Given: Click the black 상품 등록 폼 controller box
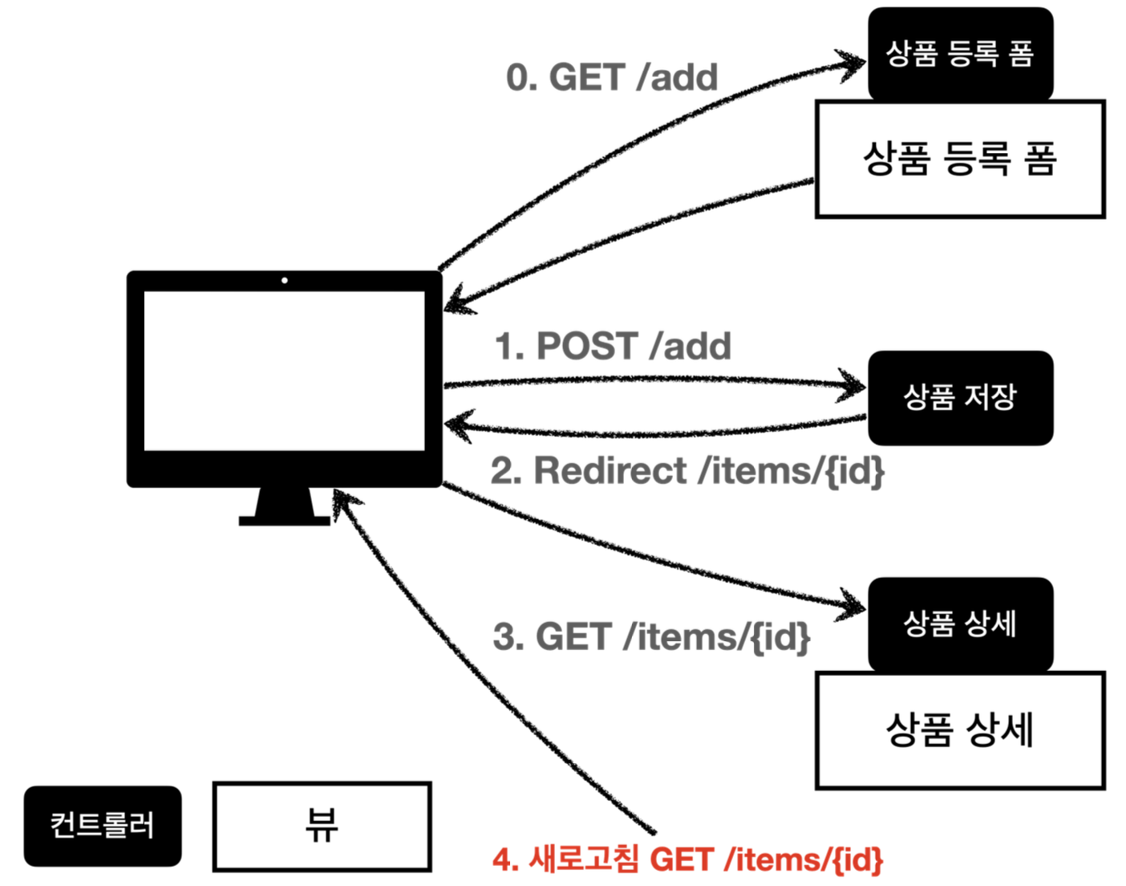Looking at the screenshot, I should point(960,54).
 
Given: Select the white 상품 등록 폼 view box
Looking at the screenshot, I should point(960,159).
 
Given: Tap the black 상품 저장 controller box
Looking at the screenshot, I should point(960,397).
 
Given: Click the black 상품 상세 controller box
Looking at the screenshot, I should point(960,624).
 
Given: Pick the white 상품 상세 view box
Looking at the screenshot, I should point(960,730).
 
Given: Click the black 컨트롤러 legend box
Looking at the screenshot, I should point(103,826).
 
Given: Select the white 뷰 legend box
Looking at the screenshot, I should point(322,826).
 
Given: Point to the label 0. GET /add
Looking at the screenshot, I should point(612,78).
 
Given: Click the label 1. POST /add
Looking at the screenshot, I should point(613,347).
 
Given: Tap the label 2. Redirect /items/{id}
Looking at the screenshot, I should point(687,471).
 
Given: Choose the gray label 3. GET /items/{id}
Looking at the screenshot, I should point(651,637).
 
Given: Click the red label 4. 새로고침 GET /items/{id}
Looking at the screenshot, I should point(687,860).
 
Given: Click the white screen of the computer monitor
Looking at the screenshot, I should point(284,371).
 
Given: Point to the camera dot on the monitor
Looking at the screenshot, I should point(285,280).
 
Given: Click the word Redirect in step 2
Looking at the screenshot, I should point(610,471).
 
